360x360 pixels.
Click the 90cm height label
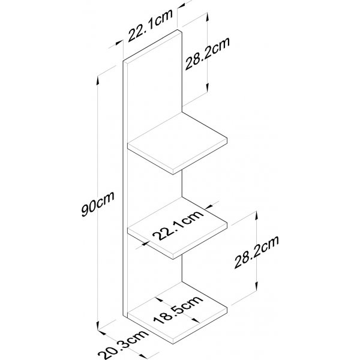coord(98,204)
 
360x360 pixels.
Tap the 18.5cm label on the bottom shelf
coord(178,310)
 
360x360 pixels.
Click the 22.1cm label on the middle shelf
coord(178,225)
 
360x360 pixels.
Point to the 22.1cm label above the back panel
coord(151,25)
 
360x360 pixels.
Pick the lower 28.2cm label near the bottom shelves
coord(256,252)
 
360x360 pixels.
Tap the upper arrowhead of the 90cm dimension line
coord(98,80)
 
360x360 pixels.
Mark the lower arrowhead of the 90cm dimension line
coord(98,325)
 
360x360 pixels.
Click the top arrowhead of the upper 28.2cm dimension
coord(208,17)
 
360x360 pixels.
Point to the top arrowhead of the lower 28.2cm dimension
coord(256,216)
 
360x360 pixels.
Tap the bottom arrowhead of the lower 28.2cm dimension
coord(256,287)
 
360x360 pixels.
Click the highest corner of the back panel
coord(178,30)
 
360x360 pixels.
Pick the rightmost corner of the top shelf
coord(227,138)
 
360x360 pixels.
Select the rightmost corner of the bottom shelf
coord(227,308)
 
